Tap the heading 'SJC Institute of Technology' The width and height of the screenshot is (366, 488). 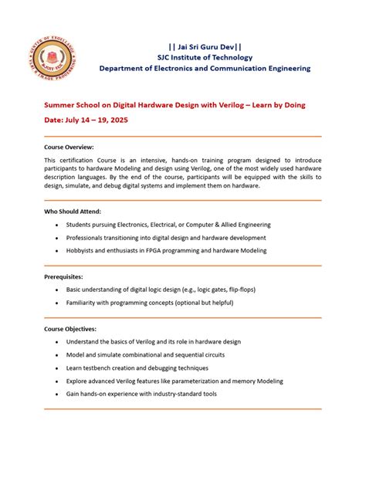(205, 56)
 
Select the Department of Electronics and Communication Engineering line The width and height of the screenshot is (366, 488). (205, 68)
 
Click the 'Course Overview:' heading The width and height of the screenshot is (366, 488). (69, 146)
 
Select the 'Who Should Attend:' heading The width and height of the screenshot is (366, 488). (73, 211)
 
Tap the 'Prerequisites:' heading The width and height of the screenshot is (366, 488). (63, 276)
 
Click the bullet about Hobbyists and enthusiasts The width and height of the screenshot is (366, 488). (166, 250)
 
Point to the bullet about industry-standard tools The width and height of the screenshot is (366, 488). (141, 394)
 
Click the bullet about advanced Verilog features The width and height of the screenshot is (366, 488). (175, 381)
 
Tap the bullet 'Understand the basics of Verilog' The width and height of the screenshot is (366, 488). (154, 341)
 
